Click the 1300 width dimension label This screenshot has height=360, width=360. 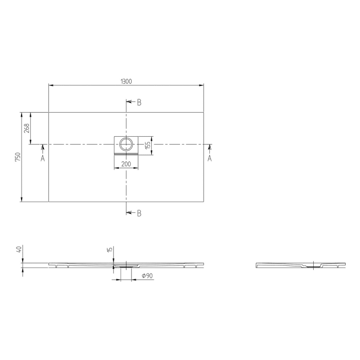(x=126, y=81)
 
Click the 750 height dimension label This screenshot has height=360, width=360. (x=17, y=157)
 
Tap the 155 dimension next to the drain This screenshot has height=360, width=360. (x=147, y=145)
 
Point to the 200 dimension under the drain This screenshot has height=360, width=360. (x=125, y=164)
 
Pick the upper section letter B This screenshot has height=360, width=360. (x=139, y=102)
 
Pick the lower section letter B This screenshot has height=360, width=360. (x=139, y=213)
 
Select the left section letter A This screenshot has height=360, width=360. (x=43, y=158)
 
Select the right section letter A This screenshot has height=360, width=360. (x=210, y=158)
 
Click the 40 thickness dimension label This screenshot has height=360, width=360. (x=19, y=249)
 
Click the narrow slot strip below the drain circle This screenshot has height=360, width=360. (x=126, y=153)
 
